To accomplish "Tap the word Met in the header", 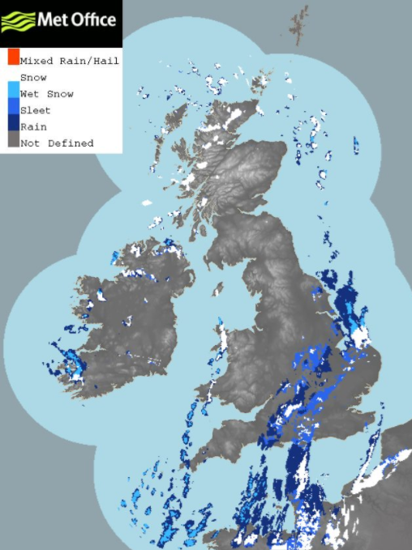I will [x=53, y=19].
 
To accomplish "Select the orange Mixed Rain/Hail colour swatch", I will [x=13, y=57].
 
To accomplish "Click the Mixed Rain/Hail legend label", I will [x=69, y=61].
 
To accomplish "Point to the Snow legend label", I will [x=33, y=78].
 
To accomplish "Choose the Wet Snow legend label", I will [x=46, y=94].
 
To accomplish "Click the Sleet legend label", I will [x=35, y=110].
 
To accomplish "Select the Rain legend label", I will [x=32, y=126].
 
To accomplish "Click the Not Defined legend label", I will [x=56, y=143].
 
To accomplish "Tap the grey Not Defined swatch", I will [x=13, y=141].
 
